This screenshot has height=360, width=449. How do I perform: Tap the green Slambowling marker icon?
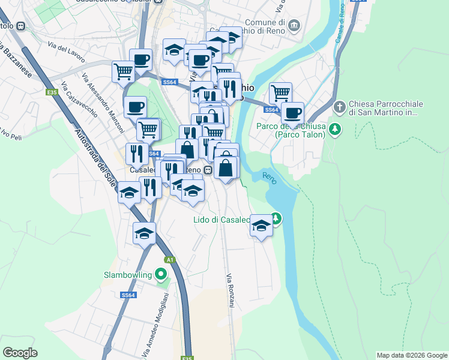tap(160, 275)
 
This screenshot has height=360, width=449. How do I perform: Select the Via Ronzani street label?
tap(230, 291)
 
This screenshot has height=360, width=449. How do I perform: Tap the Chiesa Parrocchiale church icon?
tap(339, 108)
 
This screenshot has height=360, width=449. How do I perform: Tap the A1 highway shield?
tap(170, 259)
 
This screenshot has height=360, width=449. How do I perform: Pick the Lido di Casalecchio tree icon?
tap(276, 218)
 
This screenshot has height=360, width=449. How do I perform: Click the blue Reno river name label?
tap(270, 176)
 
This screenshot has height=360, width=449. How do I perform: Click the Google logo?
tap(20, 352)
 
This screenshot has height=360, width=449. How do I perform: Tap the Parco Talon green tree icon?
tap(336, 128)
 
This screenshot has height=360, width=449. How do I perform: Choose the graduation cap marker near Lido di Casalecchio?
tap(261, 226)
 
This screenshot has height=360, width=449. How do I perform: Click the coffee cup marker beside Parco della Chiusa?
tap(292, 113)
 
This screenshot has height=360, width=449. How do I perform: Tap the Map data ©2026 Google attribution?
tap(412, 355)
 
